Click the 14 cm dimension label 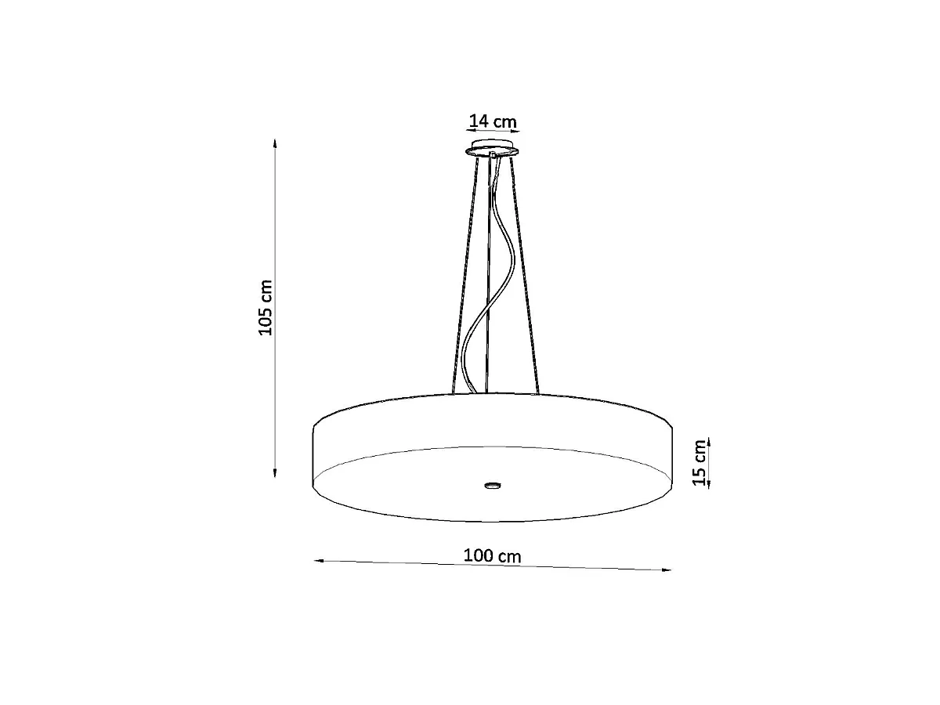(x=493, y=121)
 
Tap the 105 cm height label (x=266, y=308)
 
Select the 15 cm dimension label (x=699, y=463)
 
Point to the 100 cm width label (x=493, y=556)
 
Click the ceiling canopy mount (x=493, y=148)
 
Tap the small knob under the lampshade (x=493, y=485)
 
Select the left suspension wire (x=465, y=275)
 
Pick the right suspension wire (x=525, y=275)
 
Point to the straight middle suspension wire (x=488, y=275)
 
